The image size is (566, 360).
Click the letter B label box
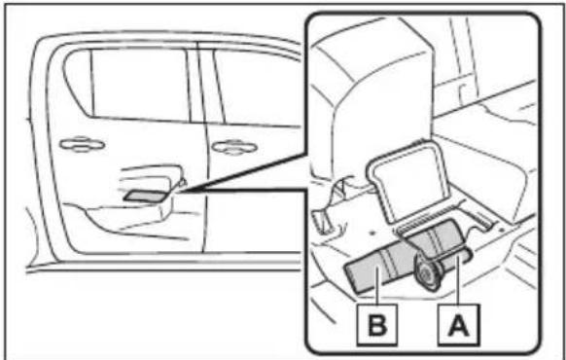tap(377, 325)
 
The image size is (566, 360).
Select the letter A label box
tap(458, 325)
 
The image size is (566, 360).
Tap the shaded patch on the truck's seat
tap(145, 196)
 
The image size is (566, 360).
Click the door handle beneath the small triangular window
tap(82, 144)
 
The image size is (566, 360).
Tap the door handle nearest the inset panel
tap(234, 147)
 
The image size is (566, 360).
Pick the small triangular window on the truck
tap(78, 82)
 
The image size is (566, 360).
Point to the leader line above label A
tap(458, 280)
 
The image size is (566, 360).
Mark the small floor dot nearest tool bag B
tap(372, 234)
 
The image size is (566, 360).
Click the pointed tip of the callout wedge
tap(182, 191)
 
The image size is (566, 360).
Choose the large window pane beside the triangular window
tap(140, 84)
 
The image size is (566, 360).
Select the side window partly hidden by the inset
tap(257, 88)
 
